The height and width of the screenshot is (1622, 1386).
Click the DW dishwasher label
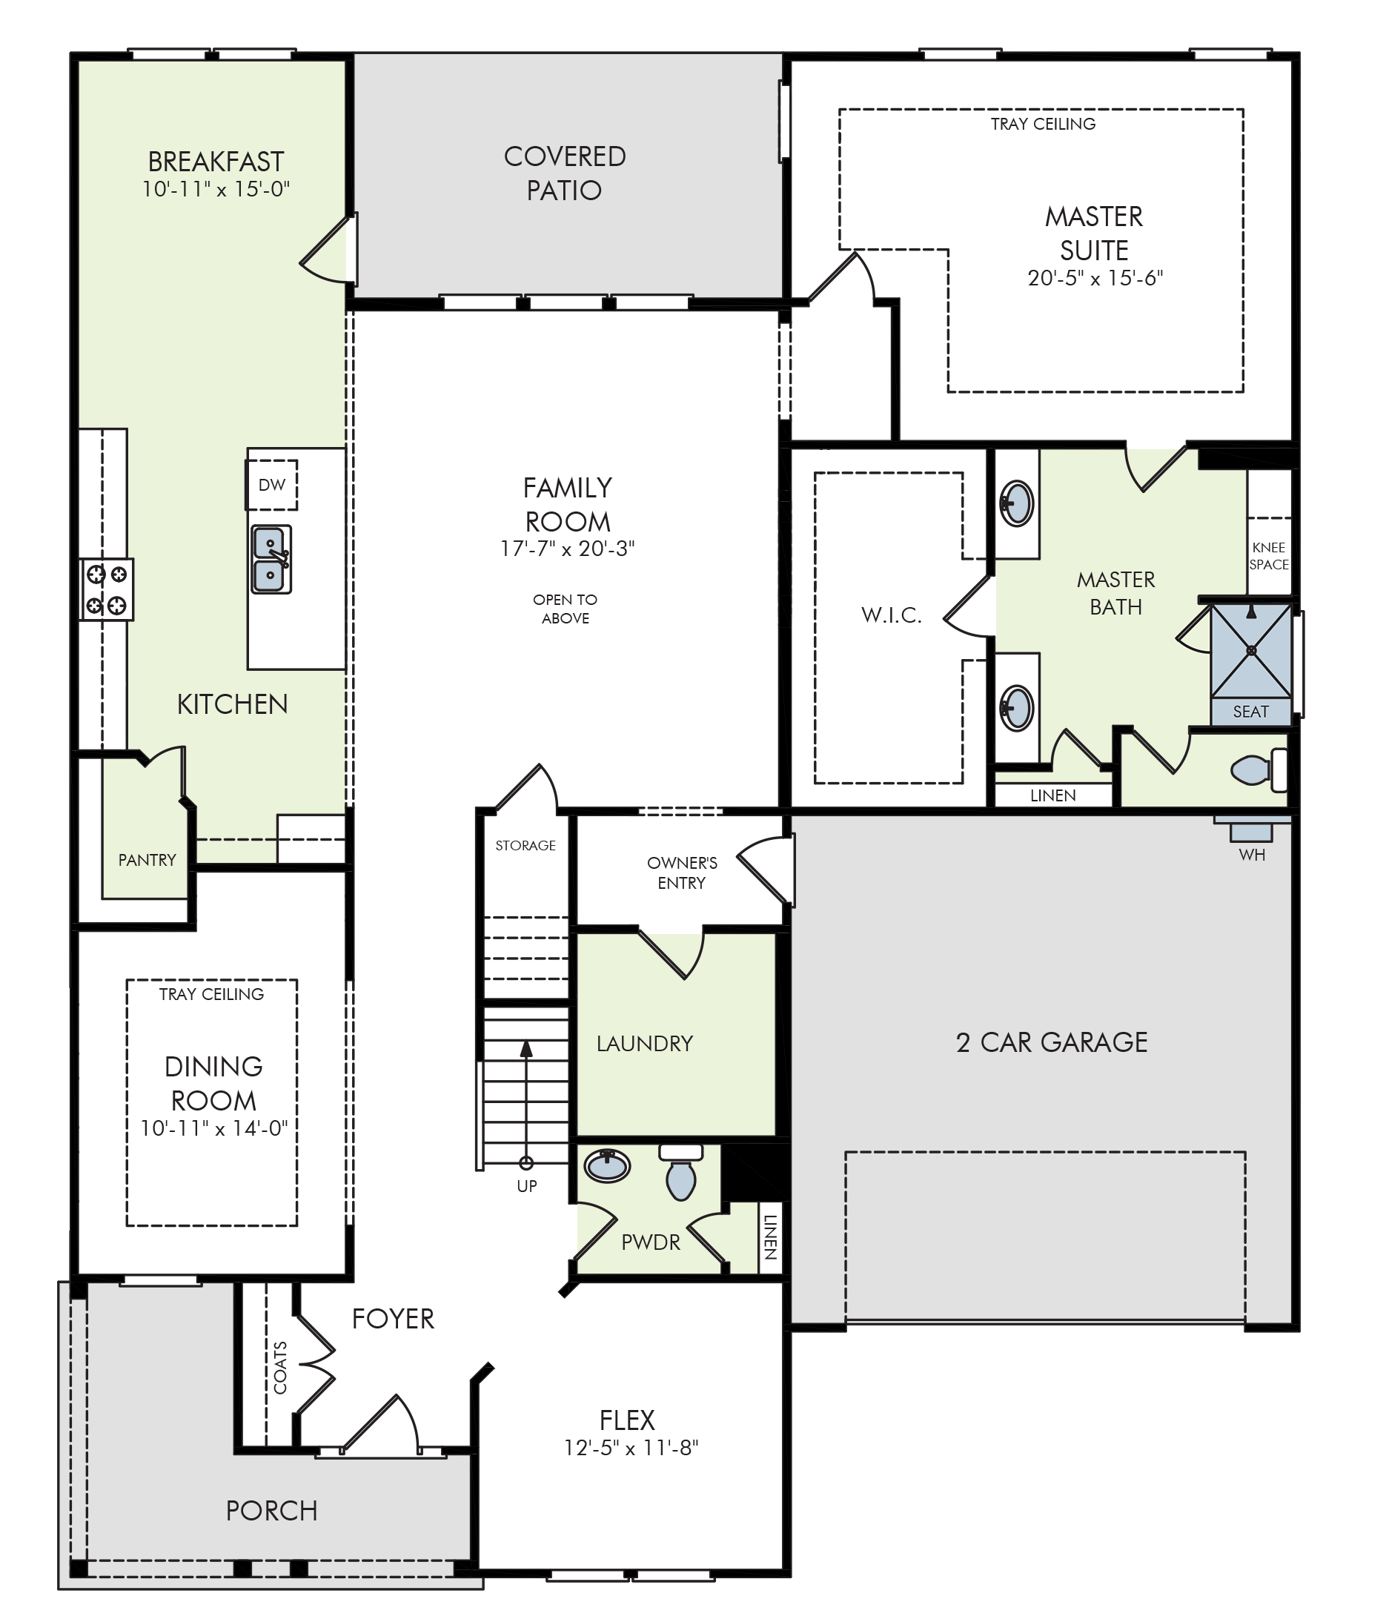pos(271,485)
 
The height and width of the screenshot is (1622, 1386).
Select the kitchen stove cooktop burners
pos(107,589)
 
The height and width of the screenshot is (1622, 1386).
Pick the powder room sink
pos(606,1165)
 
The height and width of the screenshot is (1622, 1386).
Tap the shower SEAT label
pos(1250,712)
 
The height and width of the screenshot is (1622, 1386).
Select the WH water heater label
pos(1252,855)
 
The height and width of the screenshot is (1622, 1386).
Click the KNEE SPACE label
pos(1269,556)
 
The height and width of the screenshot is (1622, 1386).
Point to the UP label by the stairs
pos(527,1186)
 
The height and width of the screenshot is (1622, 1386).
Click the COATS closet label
pos(280,1368)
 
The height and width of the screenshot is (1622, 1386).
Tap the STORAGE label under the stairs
pos(525,845)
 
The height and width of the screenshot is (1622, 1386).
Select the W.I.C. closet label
pos(892,615)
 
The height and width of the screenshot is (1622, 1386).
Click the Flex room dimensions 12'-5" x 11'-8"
pos(631,1449)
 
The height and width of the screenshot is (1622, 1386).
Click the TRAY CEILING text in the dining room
pos(211,994)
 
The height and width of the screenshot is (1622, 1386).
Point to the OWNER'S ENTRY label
pos(682,873)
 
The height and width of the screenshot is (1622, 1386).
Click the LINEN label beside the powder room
pos(770,1237)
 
